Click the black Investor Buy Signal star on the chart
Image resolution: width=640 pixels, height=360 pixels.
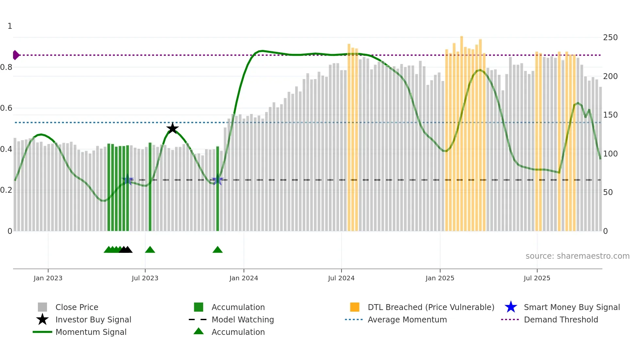(172, 128)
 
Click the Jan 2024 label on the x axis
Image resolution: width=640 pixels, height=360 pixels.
(244, 278)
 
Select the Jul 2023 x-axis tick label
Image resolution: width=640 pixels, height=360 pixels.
(145, 278)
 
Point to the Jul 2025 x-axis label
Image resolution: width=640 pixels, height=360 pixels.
(537, 278)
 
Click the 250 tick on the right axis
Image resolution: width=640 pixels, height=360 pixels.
(610, 38)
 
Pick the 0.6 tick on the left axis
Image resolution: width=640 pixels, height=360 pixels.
(6, 108)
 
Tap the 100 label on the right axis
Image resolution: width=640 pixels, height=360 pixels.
(610, 154)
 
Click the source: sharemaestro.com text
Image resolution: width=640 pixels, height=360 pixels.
(577, 256)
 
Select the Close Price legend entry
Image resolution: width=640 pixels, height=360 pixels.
(77, 307)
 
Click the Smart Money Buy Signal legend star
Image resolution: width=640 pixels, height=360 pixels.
(511, 307)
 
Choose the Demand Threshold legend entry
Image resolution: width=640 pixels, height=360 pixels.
(561, 319)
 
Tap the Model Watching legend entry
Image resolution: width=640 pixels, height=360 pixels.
(243, 319)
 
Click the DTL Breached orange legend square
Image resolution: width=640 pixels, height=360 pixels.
(355, 307)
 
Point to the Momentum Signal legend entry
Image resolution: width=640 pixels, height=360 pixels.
(91, 332)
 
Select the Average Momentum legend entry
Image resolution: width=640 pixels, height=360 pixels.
(407, 319)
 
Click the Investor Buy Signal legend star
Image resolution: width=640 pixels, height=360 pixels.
(42, 319)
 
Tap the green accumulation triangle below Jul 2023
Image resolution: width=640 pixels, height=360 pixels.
(150, 250)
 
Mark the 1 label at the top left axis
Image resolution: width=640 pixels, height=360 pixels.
(10, 26)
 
